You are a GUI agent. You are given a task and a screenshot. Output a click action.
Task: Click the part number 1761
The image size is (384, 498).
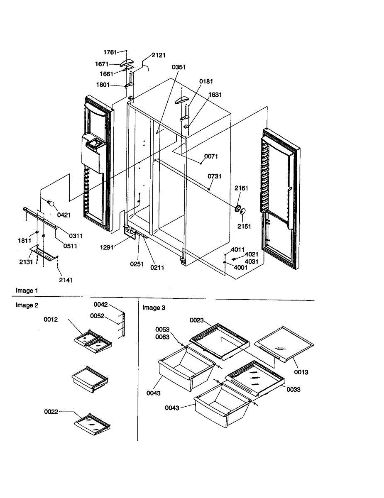pyautogui.click(x=110, y=52)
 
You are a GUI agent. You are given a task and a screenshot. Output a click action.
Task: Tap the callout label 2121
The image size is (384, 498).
pyautogui.click(x=159, y=55)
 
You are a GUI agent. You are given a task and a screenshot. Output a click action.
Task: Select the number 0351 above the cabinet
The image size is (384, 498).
pyautogui.click(x=179, y=67)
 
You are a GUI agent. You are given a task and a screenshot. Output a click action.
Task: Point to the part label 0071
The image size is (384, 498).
pyautogui.click(x=211, y=156)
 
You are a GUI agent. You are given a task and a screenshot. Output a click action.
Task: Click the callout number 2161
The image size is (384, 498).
pyautogui.click(x=241, y=188)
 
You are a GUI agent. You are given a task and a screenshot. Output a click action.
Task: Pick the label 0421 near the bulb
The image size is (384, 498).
pyautogui.click(x=64, y=215)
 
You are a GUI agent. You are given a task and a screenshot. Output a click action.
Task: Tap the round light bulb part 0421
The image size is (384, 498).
pyautogui.click(x=51, y=203)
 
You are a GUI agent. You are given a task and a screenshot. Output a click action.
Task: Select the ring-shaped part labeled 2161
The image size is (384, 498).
pyautogui.click(x=239, y=208)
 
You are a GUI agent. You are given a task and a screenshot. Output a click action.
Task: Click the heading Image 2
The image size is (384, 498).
pyautogui.click(x=27, y=305)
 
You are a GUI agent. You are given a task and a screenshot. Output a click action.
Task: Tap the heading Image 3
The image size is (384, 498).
pyautogui.click(x=154, y=308)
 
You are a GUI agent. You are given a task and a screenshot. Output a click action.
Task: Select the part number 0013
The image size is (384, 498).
pyautogui.click(x=301, y=372)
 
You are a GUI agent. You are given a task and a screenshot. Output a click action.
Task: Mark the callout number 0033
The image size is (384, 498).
pyautogui.click(x=294, y=390)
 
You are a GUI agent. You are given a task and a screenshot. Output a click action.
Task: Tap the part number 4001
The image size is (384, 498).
pyautogui.click(x=241, y=268)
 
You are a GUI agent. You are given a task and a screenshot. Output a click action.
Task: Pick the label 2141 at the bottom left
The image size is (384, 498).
pyautogui.click(x=66, y=280)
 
